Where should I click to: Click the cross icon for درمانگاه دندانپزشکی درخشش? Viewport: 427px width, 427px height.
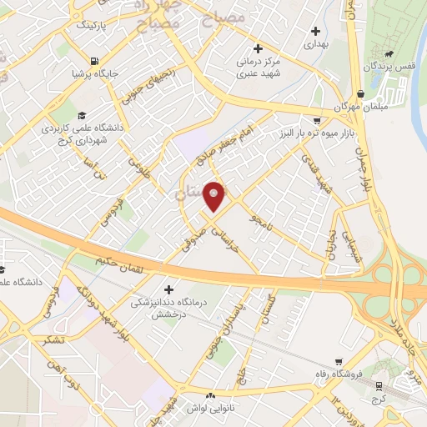point(168,289)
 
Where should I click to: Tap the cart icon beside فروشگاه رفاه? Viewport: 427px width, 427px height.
point(338,362)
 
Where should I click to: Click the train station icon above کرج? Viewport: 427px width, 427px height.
point(381,385)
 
